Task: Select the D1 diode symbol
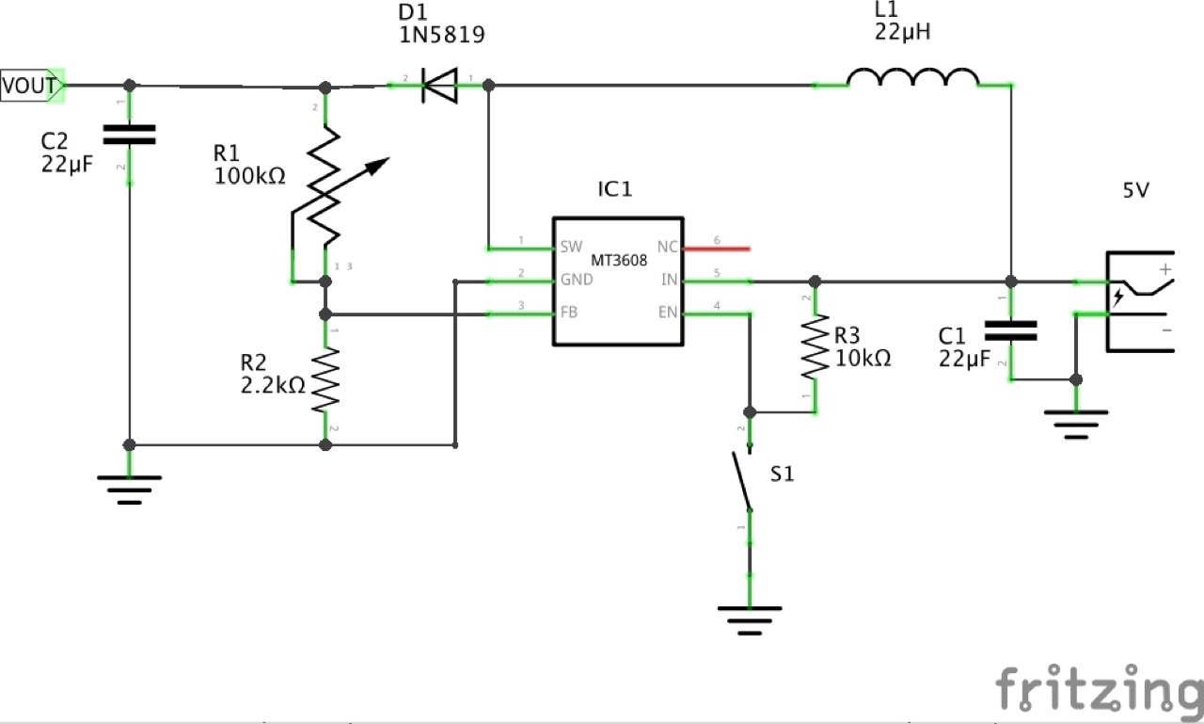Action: click(437, 86)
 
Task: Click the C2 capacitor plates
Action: click(129, 135)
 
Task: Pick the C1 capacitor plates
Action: click(1010, 330)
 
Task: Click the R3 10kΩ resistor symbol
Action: click(815, 347)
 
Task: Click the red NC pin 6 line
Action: click(717, 249)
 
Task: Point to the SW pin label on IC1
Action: click(571, 248)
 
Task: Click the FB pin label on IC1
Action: click(569, 313)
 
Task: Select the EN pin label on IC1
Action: click(668, 313)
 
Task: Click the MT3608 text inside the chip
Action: click(618, 261)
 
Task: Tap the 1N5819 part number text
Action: click(442, 36)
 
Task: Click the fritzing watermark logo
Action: click(1097, 690)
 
